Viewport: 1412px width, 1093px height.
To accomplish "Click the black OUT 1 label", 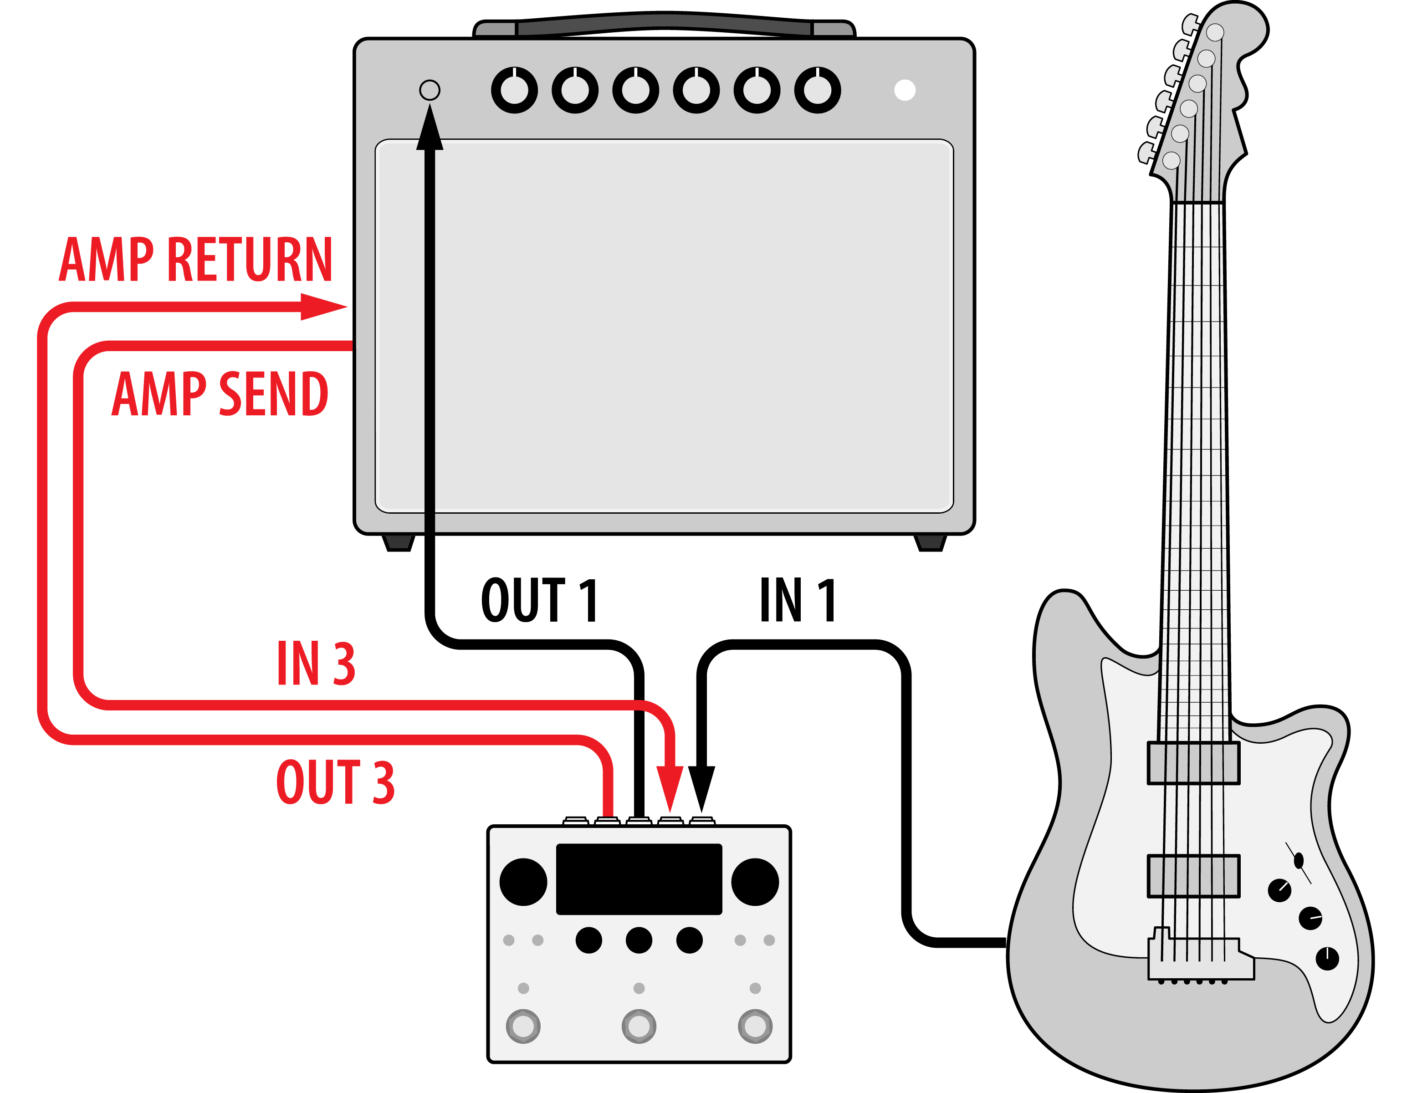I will click(539, 600).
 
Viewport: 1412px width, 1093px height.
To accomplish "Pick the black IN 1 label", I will click(798, 600).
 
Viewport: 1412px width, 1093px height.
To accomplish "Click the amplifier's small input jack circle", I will click(429, 90).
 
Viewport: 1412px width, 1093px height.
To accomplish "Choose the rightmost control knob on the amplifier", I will click(817, 90).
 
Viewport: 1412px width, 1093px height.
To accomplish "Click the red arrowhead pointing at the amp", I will click(323, 306).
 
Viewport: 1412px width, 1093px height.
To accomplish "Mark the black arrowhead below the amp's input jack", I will click(429, 129).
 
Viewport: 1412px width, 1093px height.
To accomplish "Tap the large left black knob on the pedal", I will click(523, 882).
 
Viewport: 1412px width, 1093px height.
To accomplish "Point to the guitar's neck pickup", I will click(1193, 763).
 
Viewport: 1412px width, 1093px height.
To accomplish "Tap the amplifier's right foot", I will click(931, 543).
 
